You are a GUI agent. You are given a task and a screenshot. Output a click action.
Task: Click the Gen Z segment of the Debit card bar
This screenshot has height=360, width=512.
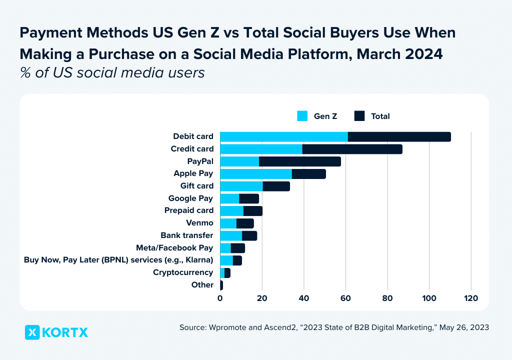click(283, 136)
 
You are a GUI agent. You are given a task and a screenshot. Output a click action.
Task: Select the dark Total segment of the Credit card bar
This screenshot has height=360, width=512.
click(352, 149)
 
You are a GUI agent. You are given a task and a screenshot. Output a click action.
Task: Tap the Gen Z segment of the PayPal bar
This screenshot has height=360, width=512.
click(239, 161)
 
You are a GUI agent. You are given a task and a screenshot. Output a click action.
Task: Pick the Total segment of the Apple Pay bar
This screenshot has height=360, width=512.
click(308, 173)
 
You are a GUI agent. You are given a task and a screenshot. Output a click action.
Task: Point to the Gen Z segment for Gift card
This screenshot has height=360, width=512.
click(241, 186)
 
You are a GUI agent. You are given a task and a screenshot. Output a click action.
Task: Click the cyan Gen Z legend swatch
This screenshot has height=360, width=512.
click(302, 116)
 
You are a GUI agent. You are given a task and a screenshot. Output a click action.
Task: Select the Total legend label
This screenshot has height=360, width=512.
click(380, 116)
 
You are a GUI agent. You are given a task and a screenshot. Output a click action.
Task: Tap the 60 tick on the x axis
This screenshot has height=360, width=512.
click(345, 298)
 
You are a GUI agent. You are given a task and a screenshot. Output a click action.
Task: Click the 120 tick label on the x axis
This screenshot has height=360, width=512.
click(471, 298)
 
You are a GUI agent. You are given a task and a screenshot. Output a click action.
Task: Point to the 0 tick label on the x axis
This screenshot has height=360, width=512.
click(220, 298)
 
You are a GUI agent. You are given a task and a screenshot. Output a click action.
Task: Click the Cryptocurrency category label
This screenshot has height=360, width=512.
click(183, 272)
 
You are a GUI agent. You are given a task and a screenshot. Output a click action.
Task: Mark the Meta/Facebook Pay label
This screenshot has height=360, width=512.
click(174, 248)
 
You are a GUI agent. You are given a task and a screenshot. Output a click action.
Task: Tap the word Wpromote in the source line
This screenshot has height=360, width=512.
click(226, 327)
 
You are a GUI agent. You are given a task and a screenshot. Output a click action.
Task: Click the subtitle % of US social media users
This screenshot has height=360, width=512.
click(112, 73)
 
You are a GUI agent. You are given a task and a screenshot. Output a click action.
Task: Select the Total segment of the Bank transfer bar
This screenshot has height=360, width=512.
click(249, 235)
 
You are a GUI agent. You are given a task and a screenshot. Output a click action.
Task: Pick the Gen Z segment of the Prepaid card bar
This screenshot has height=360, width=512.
click(231, 210)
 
